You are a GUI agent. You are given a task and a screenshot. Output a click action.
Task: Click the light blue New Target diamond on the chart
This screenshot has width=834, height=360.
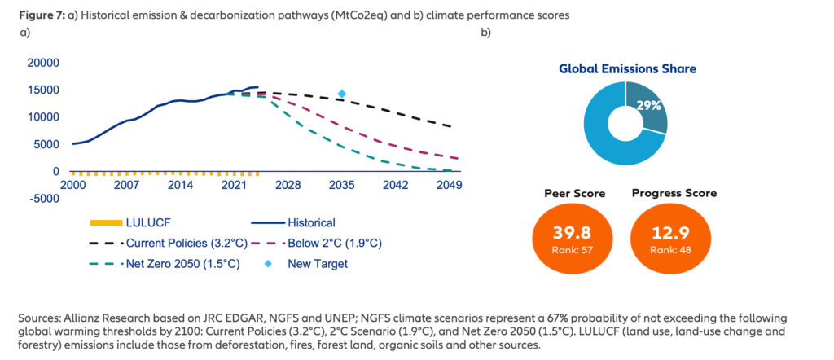(342, 94)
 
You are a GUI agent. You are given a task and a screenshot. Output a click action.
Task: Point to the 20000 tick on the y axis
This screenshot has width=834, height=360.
(43, 63)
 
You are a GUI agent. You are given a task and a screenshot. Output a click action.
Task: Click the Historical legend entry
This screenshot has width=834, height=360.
(309, 222)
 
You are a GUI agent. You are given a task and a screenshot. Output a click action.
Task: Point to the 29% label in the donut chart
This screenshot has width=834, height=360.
(647, 107)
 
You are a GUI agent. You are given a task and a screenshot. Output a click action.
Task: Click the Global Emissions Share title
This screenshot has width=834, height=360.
(627, 69)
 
